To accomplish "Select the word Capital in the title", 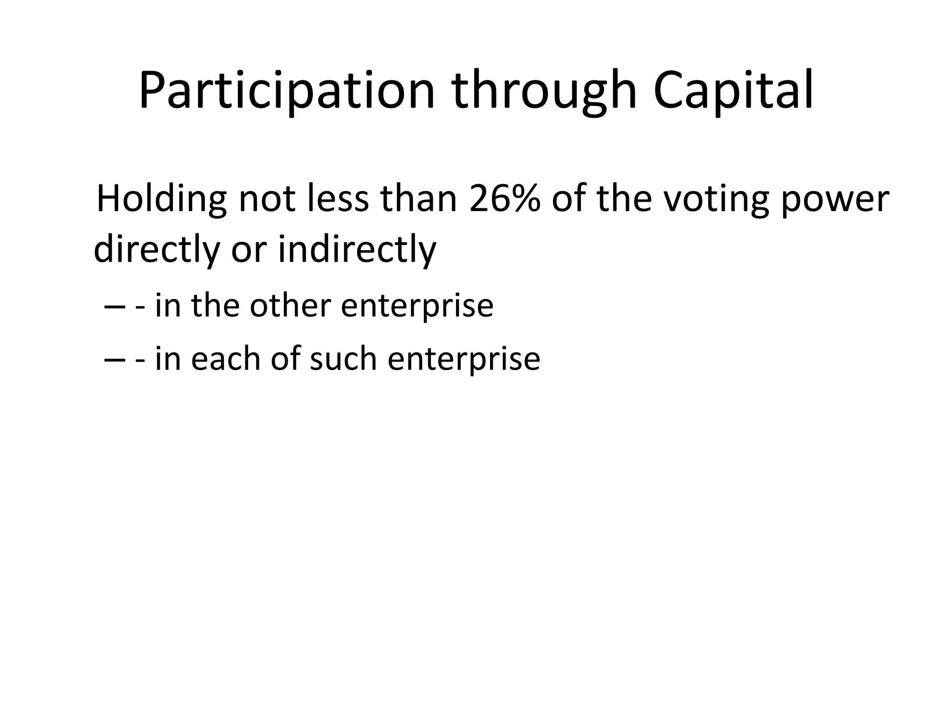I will (x=733, y=91).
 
